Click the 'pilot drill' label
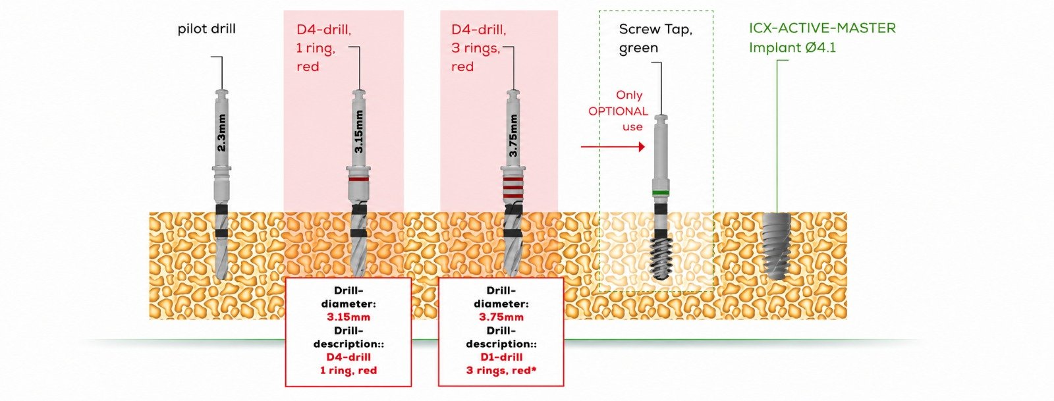(207, 29)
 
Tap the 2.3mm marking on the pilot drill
(221, 132)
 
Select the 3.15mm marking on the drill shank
(358, 132)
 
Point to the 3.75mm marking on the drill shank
(513, 136)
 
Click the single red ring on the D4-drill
(358, 179)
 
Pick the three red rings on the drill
(513, 186)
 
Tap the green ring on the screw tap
(661, 193)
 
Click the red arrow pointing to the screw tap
(613, 147)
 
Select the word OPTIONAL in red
(618, 111)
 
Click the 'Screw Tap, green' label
(655, 39)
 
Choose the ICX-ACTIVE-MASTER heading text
(822, 28)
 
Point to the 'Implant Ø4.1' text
(792, 47)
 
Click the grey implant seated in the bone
(777, 246)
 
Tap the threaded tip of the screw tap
(661, 259)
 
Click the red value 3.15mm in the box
(348, 317)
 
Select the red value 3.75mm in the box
(501, 317)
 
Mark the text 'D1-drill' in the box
(501, 357)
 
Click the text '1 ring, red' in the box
(348, 371)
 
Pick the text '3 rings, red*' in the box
(501, 371)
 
